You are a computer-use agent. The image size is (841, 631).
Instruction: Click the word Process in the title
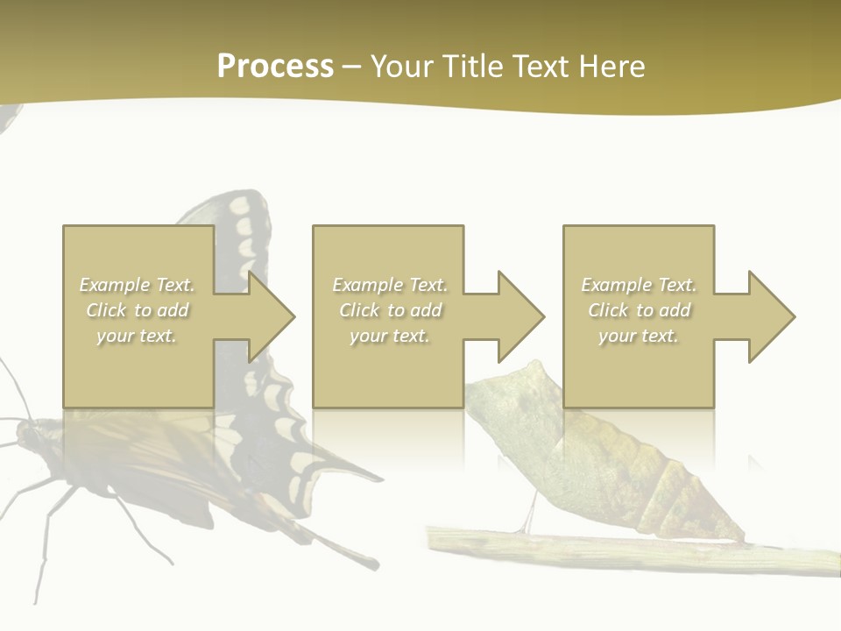coord(275,67)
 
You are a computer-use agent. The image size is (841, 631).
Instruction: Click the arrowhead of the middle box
coord(516,316)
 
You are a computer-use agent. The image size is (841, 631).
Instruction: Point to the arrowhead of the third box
coord(767,316)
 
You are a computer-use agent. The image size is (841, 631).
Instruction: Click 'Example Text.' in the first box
coord(137,285)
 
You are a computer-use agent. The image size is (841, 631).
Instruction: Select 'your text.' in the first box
coord(137,336)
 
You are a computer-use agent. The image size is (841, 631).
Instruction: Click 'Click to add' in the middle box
coord(389,310)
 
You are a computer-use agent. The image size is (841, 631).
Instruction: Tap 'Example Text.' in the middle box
coord(389,285)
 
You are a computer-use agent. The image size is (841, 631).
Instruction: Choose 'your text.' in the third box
coord(638,336)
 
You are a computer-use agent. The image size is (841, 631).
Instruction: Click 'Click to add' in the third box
coord(639,310)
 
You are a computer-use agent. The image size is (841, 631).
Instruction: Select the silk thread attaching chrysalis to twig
coord(529,517)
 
